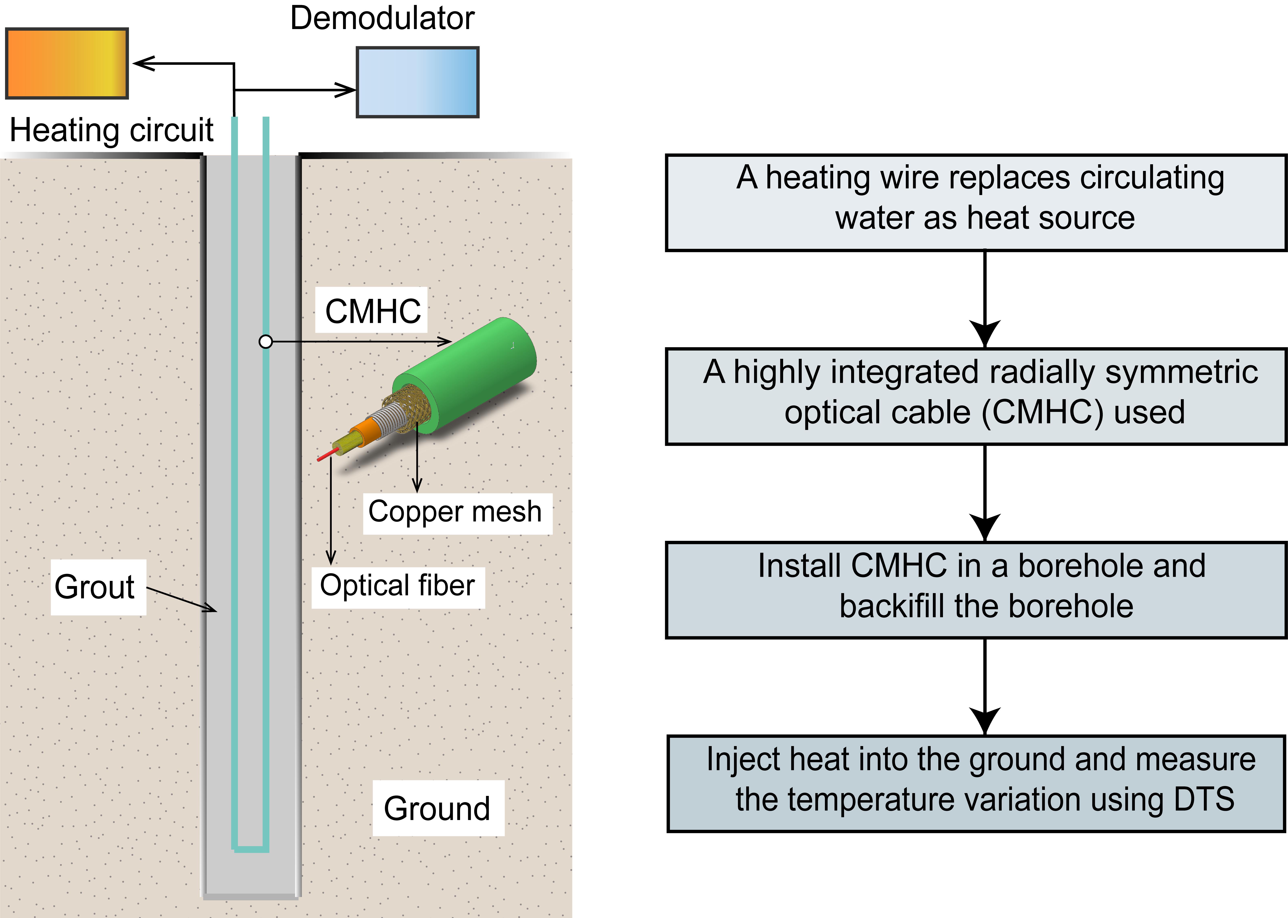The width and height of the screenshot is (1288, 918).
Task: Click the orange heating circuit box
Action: tap(67, 63)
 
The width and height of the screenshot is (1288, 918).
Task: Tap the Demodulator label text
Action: tap(382, 18)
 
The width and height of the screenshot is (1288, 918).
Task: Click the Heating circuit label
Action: tap(111, 131)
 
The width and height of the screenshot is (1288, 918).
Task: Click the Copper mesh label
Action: tap(455, 512)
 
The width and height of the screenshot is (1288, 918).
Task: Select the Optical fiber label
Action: tap(397, 586)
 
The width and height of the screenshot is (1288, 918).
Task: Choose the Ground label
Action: tap(437, 808)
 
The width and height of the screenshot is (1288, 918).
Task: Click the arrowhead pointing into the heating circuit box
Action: tap(142, 63)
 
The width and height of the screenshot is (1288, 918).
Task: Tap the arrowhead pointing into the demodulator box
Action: tap(346, 90)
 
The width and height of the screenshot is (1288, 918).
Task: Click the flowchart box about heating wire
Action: tap(976, 202)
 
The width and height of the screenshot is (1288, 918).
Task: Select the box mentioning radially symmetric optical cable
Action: tap(976, 396)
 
